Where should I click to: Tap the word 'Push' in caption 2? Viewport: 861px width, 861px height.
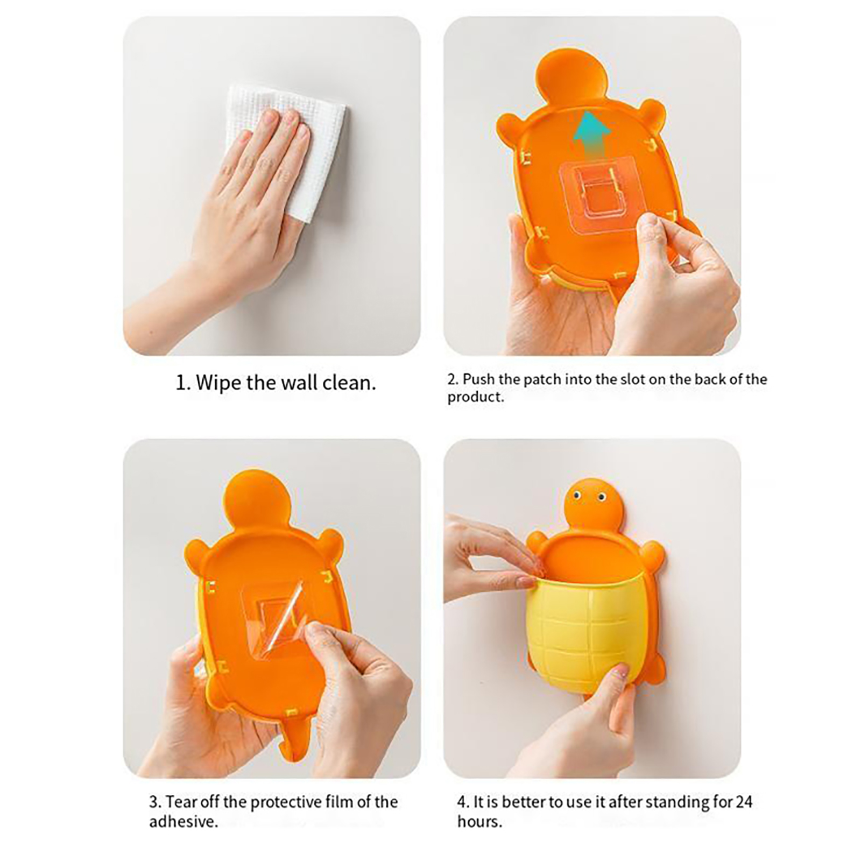[x=479, y=379]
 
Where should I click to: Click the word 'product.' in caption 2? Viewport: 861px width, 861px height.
[x=476, y=397]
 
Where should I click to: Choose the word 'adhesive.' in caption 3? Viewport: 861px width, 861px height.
[x=184, y=822]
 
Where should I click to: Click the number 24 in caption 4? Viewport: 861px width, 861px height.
[x=744, y=802]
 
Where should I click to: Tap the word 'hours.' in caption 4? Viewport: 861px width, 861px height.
[x=479, y=822]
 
